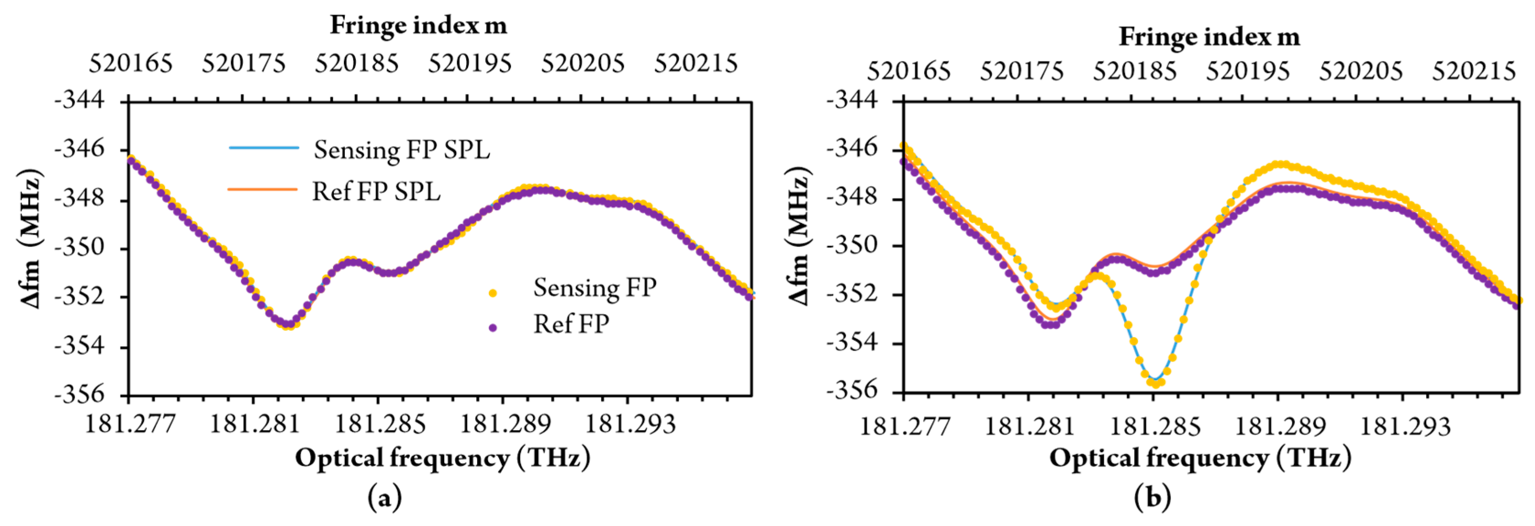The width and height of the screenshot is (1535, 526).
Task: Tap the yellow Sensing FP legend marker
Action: pyautogui.click(x=492, y=292)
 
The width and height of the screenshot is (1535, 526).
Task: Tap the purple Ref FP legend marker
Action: pyautogui.click(x=492, y=327)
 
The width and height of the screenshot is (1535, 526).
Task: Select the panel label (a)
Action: pyautogui.click(x=385, y=497)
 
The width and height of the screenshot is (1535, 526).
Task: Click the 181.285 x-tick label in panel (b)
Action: pyautogui.click(x=1154, y=426)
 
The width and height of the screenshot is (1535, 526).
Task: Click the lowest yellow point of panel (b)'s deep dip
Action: pyautogui.click(x=1155, y=384)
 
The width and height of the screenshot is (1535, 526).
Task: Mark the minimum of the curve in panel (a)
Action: pyautogui.click(x=288, y=326)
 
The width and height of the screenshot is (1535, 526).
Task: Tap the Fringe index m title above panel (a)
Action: pyautogui.click(x=418, y=25)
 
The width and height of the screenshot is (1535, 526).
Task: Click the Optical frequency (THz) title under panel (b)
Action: pyautogui.click(x=1200, y=458)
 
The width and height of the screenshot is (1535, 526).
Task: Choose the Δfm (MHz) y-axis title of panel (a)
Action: pyautogui.click(x=30, y=238)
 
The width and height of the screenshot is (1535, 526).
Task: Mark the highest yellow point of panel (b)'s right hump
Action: pyautogui.click(x=1280, y=164)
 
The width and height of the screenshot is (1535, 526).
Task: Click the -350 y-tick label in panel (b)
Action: pyautogui.click(x=852, y=245)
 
